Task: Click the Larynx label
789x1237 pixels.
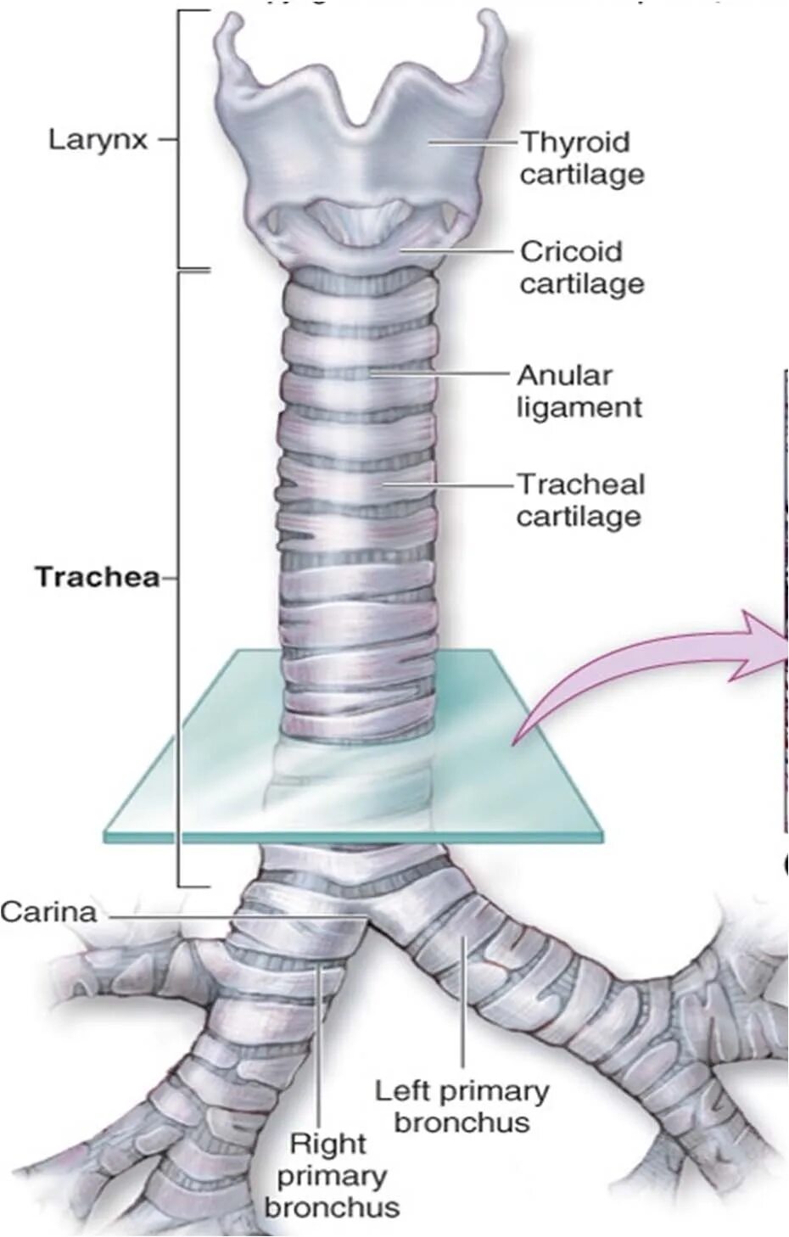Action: tap(97, 139)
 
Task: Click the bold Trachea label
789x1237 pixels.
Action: tap(97, 578)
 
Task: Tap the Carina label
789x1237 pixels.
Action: tap(48, 913)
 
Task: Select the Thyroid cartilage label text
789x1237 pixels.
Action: tap(581, 158)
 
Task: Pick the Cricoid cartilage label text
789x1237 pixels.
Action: tap(581, 267)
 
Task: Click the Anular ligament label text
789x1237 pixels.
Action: tap(579, 390)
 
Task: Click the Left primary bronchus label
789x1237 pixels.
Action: tap(462, 1106)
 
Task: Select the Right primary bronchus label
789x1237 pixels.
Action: tap(331, 1175)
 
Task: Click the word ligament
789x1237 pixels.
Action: tap(579, 407)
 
